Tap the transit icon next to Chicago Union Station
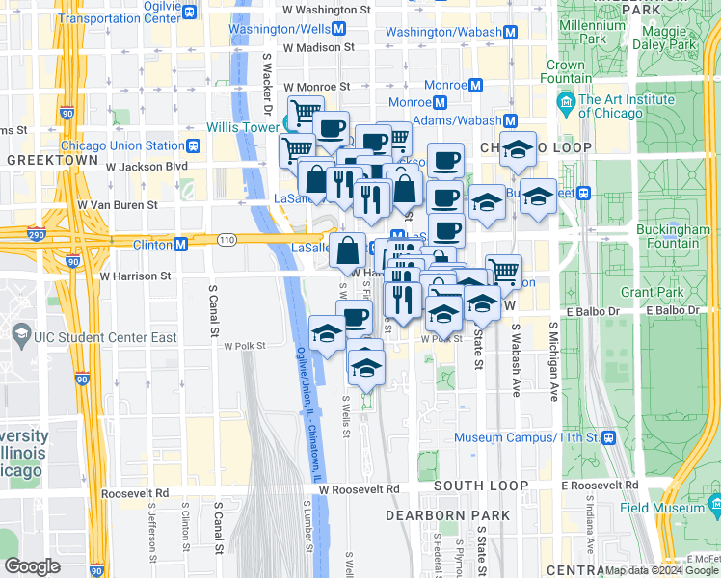click(194, 146)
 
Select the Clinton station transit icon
click(180, 245)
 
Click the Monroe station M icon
click(440, 102)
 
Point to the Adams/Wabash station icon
click(510, 120)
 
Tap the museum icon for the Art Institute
click(567, 101)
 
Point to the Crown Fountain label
click(565, 72)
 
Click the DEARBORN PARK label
click(446, 515)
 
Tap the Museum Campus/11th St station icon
click(608, 437)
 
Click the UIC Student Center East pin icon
click(20, 332)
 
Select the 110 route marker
click(226, 238)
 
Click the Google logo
click(32, 566)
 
